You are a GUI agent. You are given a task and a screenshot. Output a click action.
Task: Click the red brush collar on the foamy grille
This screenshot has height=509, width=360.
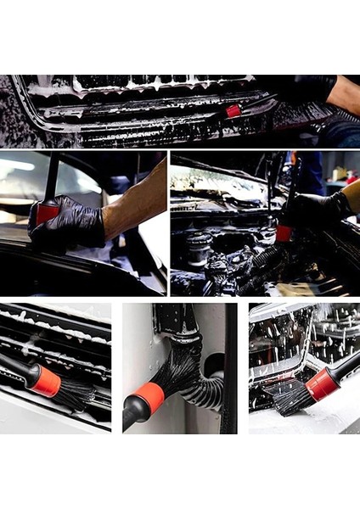[233, 110]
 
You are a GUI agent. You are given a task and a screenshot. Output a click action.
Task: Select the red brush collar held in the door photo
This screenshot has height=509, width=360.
[48, 214]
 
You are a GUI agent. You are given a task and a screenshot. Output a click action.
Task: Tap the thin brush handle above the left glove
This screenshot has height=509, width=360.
[53, 178]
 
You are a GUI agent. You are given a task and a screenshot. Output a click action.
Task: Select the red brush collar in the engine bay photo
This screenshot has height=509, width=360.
[284, 232]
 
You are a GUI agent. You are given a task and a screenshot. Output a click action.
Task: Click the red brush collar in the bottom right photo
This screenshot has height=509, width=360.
[323, 383]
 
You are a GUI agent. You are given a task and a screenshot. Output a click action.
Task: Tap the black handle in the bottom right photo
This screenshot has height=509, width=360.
[346, 366]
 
